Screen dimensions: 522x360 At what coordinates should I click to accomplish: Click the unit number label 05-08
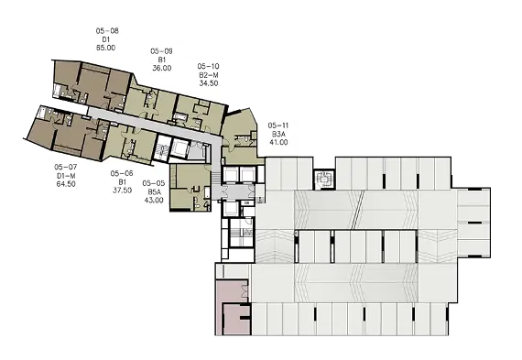[107, 31]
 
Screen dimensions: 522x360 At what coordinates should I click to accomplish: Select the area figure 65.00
[106, 48]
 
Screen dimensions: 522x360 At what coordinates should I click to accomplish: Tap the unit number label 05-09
[161, 51]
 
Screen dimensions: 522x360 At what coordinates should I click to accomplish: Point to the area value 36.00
[162, 68]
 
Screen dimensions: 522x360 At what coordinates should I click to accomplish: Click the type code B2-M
[209, 74]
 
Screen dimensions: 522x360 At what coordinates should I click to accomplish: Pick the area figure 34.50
[209, 83]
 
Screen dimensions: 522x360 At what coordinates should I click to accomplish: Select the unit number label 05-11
[278, 125]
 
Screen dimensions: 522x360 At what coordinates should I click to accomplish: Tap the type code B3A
[277, 134]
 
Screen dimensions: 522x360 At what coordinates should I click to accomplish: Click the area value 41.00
[278, 142]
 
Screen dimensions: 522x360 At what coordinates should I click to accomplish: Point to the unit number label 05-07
[66, 167]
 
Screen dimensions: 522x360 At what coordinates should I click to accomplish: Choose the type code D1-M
[66, 176]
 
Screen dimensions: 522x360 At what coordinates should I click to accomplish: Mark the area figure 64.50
[66, 184]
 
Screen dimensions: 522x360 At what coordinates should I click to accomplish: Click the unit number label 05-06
[122, 173]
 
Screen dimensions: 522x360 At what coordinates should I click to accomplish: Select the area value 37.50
[122, 191]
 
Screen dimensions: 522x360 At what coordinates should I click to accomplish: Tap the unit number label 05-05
[154, 183]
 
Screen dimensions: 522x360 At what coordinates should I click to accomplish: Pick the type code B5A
[154, 191]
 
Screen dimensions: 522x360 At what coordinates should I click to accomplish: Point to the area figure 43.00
[154, 200]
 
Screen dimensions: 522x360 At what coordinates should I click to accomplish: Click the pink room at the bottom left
[232, 308]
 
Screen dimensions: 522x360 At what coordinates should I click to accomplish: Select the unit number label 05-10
[209, 66]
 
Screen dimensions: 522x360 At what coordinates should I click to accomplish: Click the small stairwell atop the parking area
[324, 180]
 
